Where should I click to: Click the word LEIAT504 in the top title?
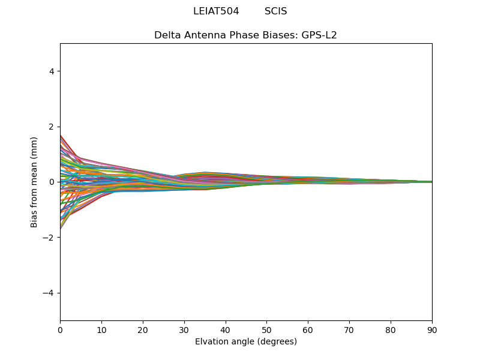[216, 11]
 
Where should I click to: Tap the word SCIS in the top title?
[275, 11]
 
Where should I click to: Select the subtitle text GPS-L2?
[319, 35]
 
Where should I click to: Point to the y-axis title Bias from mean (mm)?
[35, 182]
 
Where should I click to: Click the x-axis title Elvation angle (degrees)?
[246, 342]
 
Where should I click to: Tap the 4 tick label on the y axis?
[52, 71]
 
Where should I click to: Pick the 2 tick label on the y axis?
[52, 127]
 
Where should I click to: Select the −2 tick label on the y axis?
[49, 238]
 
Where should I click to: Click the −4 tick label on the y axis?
[49, 293]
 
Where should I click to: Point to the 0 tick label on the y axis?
[52, 182]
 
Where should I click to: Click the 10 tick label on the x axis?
[101, 329]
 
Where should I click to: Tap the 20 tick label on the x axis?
[143, 329]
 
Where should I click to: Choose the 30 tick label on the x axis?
[184, 329]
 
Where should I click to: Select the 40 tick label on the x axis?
[226, 329]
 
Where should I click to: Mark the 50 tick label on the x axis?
[266, 329]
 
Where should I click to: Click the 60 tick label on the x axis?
[308, 329]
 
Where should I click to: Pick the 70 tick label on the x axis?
[349, 329]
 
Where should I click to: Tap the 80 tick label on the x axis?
[391, 329]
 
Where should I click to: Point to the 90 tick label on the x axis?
[432, 329]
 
